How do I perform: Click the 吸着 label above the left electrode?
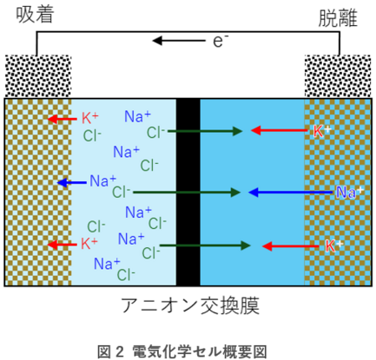click(x=34, y=14)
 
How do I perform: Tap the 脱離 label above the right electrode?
click(x=338, y=18)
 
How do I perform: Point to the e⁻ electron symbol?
click(x=221, y=41)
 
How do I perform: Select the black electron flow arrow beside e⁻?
click(x=179, y=41)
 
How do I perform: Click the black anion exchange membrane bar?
click(x=188, y=192)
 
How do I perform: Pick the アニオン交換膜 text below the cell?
click(x=191, y=306)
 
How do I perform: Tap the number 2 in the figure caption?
click(x=119, y=352)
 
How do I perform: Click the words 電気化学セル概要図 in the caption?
click(x=200, y=352)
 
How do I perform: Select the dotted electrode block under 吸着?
click(x=38, y=76)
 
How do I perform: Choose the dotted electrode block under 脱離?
click(x=338, y=76)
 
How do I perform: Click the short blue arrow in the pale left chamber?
click(x=72, y=183)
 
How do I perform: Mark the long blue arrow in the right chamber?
click(x=291, y=192)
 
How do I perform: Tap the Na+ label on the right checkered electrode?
click(x=349, y=192)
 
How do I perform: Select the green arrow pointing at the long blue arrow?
click(x=186, y=192)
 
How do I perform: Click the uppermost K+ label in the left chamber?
click(x=90, y=118)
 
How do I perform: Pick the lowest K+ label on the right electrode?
click(x=334, y=246)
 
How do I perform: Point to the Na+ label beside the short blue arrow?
click(x=103, y=180)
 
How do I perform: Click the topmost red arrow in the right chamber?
click(x=279, y=130)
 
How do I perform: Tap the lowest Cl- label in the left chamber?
click(x=126, y=275)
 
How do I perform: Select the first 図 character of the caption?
click(x=104, y=352)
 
